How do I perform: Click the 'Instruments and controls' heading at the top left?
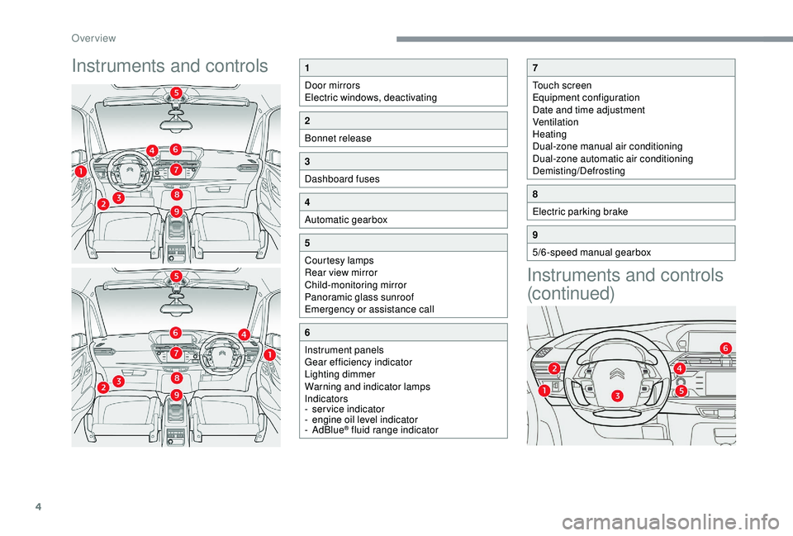pyautogui.click(x=169, y=65)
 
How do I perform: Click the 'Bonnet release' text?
pyautogui.click(x=337, y=138)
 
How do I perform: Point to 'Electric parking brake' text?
pyautogui.click(x=580, y=211)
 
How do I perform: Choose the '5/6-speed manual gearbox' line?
pyautogui.click(x=591, y=252)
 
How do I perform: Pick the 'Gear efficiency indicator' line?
pyautogui.click(x=359, y=362)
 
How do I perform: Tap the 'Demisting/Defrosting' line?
pyautogui.click(x=578, y=170)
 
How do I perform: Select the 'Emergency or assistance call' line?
pyautogui.click(x=369, y=309)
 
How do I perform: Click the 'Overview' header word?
pyautogui.click(x=93, y=38)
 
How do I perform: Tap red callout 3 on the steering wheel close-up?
pyautogui.click(x=617, y=397)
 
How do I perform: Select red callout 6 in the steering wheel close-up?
pyautogui.click(x=724, y=348)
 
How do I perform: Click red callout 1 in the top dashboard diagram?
pyautogui.click(x=81, y=170)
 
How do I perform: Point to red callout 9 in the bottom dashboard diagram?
pyautogui.click(x=177, y=396)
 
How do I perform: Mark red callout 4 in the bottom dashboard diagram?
pyautogui.click(x=245, y=333)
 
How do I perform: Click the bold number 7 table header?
pyautogui.click(x=536, y=68)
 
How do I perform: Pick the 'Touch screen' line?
pyautogui.click(x=562, y=85)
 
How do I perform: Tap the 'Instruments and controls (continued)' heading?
pyautogui.click(x=624, y=283)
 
